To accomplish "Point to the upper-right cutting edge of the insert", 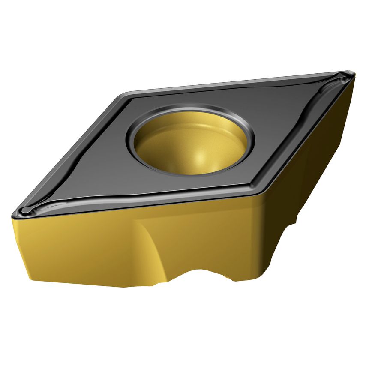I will click(240, 81).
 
